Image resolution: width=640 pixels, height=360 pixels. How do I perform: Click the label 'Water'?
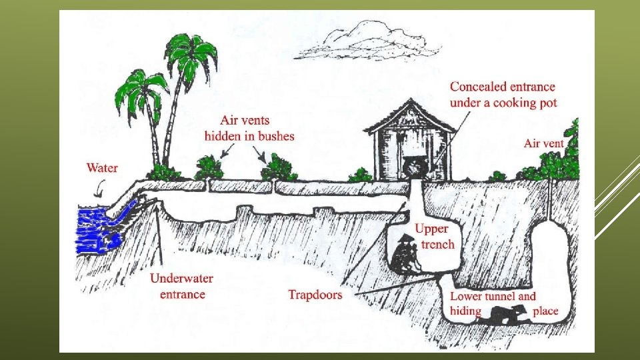pyautogui.click(x=102, y=167)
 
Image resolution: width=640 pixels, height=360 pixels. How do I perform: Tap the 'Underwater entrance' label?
pyautogui.click(x=177, y=286)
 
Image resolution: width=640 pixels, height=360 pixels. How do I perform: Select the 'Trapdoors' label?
pyautogui.click(x=315, y=294)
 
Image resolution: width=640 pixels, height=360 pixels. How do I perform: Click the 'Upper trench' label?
pyautogui.click(x=434, y=237)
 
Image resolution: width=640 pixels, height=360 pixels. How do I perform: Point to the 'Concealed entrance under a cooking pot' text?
pyautogui.click(x=503, y=95)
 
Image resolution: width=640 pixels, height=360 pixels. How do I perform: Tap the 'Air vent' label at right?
pyautogui.click(x=543, y=143)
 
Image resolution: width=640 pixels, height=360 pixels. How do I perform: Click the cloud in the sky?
pyautogui.click(x=364, y=41)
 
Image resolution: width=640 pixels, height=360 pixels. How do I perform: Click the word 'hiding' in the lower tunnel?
pyautogui.click(x=465, y=311)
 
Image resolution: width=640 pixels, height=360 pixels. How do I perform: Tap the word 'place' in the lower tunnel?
pyautogui.click(x=545, y=311)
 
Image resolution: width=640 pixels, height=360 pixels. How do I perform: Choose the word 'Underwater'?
pyautogui.click(x=178, y=279)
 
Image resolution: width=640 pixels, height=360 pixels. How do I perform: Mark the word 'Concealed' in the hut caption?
pyautogui.click(x=478, y=87)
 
